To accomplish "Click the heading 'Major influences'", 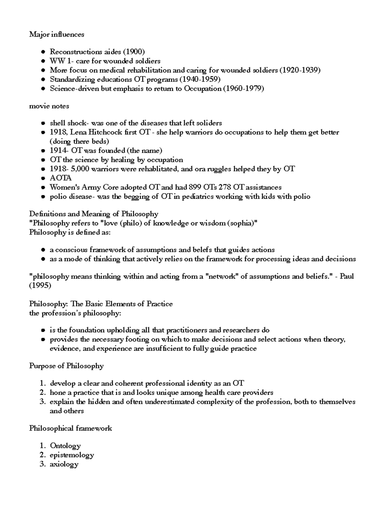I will pyautogui.click(x=57, y=34).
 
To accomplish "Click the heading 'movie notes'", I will pyautogui.click(x=49, y=106).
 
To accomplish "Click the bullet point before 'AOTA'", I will pyautogui.click(x=43, y=178).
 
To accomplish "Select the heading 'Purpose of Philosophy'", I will pyautogui.click(x=66, y=366).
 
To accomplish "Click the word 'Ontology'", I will pyautogui.click(x=65, y=445).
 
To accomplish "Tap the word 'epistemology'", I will pyautogui.click(x=72, y=455).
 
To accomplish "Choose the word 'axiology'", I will pyautogui.click(x=64, y=464).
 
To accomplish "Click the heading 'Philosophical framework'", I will pyautogui.click(x=71, y=428).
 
